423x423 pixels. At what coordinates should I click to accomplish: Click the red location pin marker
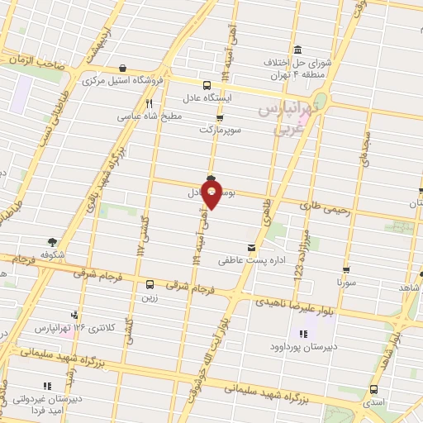coord(212,195)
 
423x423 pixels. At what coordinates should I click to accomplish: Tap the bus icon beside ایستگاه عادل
coord(207,84)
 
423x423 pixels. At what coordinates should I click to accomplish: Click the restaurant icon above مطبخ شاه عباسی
coord(150,104)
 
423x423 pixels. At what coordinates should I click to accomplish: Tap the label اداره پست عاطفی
coord(245,260)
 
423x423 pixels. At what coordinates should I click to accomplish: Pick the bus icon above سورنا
coord(346,269)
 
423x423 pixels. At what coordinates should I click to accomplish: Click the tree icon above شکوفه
coord(52,242)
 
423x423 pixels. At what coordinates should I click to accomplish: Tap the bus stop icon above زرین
coord(150,284)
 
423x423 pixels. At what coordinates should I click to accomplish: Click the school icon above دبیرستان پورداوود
coord(302,334)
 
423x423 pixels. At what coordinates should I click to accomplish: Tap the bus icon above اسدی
coord(374,389)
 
